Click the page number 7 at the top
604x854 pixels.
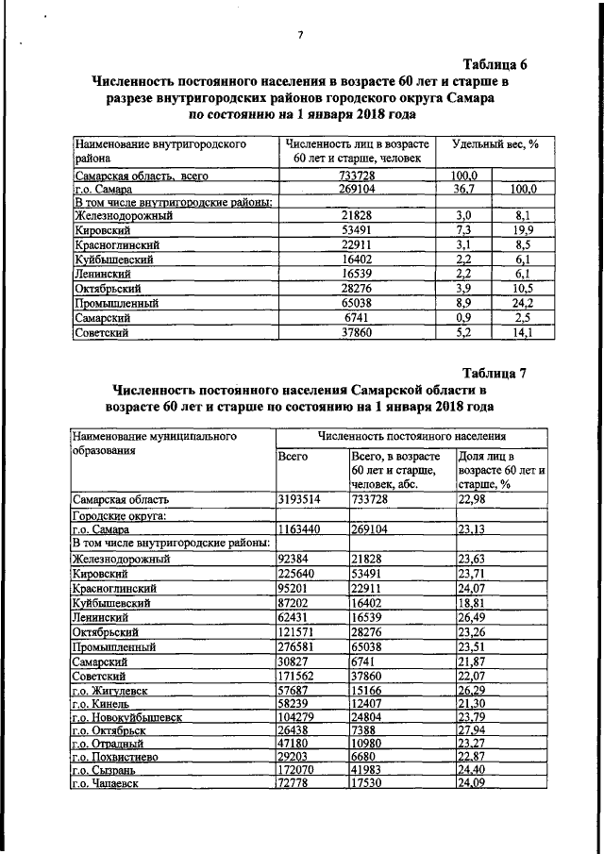300,36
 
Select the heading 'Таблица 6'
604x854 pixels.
495,64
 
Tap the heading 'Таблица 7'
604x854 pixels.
494,372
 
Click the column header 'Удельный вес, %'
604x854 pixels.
495,144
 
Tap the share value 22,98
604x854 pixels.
478,499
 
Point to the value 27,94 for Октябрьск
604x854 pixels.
478,736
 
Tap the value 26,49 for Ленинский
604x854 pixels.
478,617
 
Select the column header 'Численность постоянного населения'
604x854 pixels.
411,437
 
